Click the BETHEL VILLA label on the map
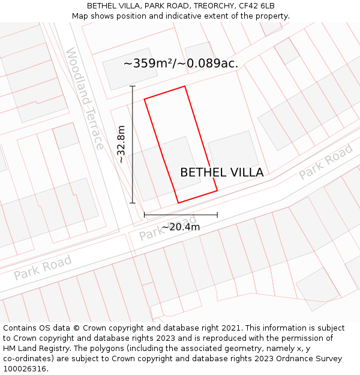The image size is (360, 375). click(x=221, y=173)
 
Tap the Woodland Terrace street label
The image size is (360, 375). click(x=85, y=99)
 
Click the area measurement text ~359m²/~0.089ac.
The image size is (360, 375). click(x=181, y=63)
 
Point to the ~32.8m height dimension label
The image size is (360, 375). click(x=121, y=144)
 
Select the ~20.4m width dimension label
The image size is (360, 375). click(x=181, y=227)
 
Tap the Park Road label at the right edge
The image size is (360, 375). click(x=326, y=162)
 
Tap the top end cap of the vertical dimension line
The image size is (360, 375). click(x=133, y=86)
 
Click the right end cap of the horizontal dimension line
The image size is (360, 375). click(x=217, y=215)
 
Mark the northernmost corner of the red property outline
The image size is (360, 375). click(x=184, y=86)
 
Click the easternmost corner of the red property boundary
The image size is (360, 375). click(x=217, y=191)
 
